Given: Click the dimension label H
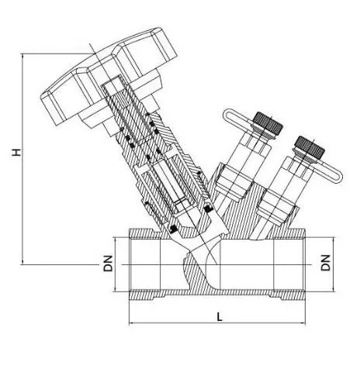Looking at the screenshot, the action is (x=16, y=152).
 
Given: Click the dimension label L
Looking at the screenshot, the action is (x=220, y=317).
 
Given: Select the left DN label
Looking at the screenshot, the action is (x=108, y=264).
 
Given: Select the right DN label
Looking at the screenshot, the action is (x=326, y=263).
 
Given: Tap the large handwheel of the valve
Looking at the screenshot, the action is (x=109, y=76).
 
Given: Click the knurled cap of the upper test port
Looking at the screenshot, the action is (x=268, y=123).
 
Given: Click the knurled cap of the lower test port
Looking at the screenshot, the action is (x=310, y=147).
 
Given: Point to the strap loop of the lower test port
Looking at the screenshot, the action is (x=327, y=172).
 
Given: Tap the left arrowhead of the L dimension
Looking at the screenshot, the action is (x=131, y=323).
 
